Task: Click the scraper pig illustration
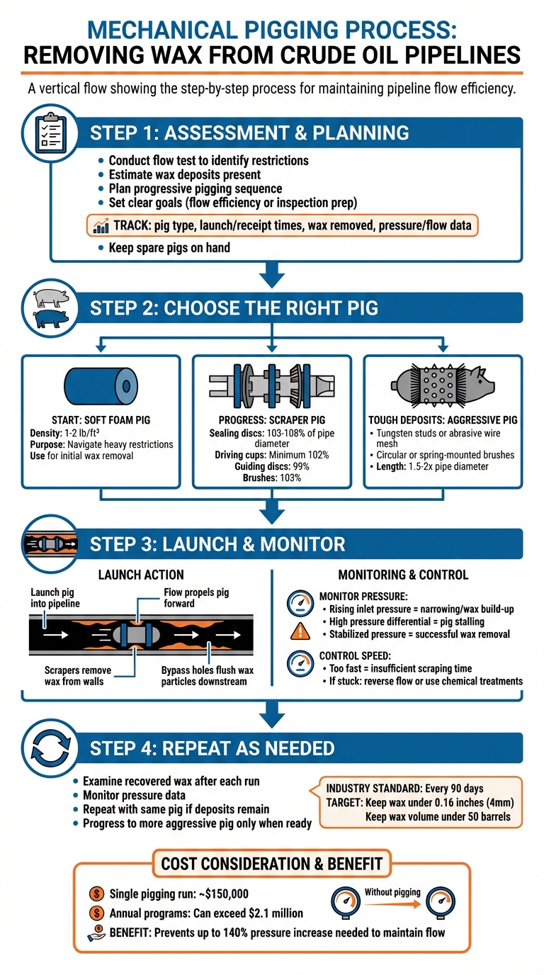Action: pyautogui.click(x=271, y=386)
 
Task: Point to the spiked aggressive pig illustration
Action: pyautogui.click(x=443, y=386)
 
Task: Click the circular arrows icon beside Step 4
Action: pyautogui.click(x=50, y=747)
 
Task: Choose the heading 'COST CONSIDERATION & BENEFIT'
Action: pyautogui.click(x=271, y=864)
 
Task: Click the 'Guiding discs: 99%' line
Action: pyautogui.click(x=271, y=466)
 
